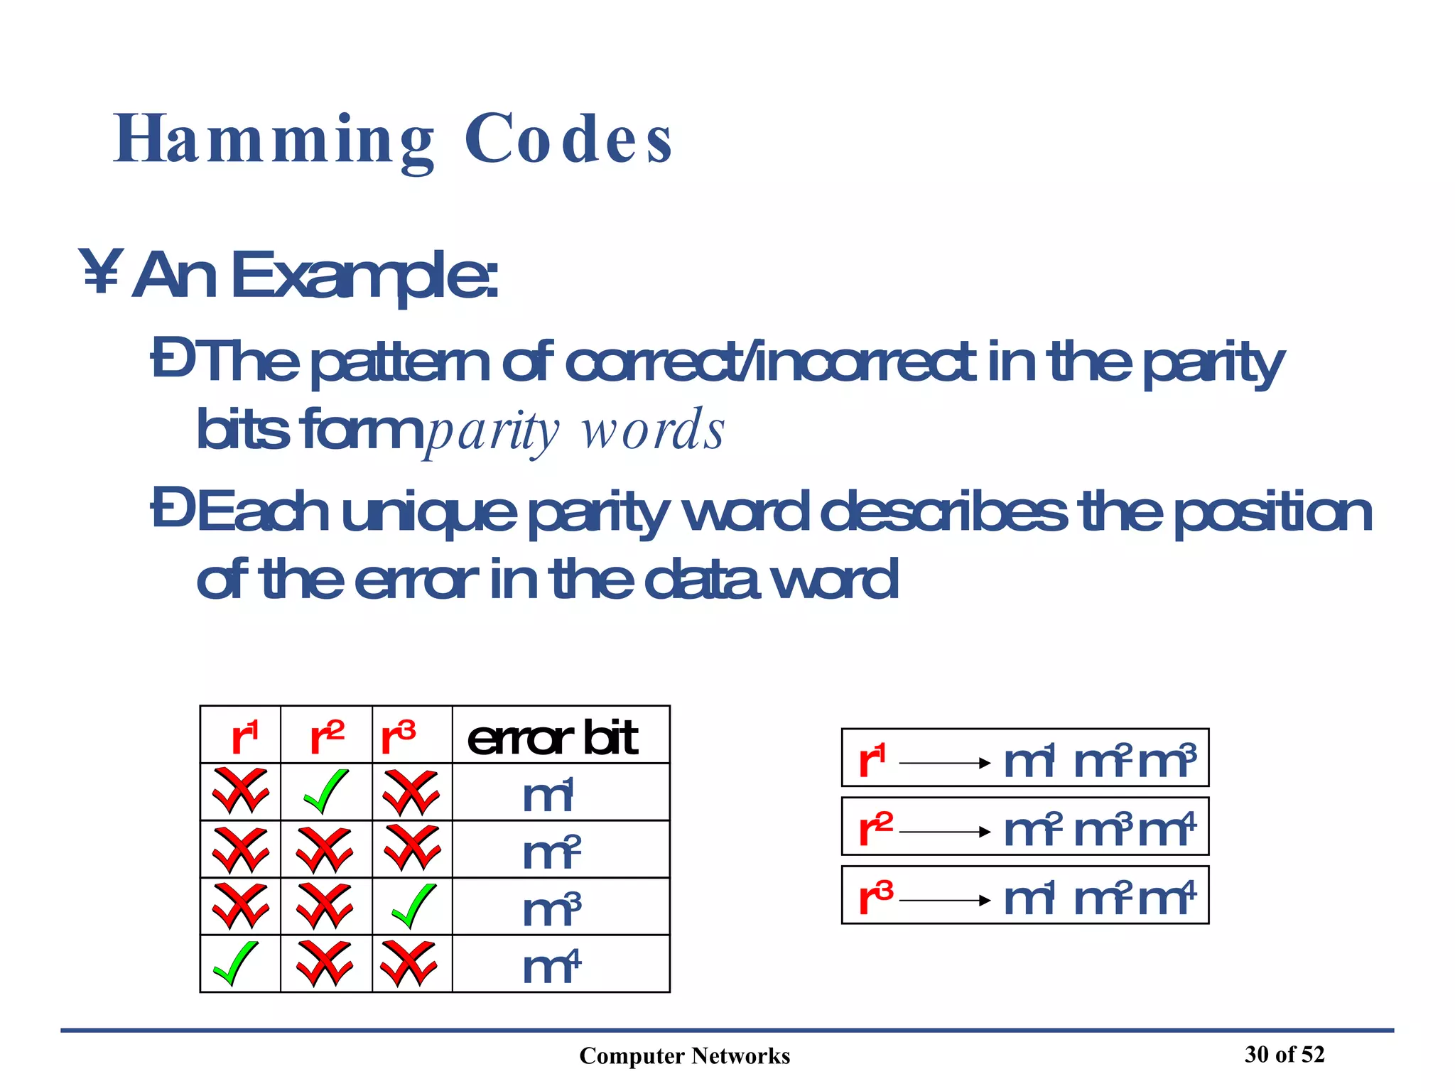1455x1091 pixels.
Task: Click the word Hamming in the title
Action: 274,140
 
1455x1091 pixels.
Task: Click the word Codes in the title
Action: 568,140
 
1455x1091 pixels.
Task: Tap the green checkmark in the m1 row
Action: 326,791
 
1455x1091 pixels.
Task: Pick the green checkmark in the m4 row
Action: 236,963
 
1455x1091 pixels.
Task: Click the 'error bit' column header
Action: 553,737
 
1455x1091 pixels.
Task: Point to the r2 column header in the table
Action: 327,737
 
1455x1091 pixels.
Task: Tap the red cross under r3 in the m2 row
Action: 411,848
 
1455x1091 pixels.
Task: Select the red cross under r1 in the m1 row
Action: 241,791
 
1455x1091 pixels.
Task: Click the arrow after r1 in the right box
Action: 944,763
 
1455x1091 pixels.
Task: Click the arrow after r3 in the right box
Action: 944,901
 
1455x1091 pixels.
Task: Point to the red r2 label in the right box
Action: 875,828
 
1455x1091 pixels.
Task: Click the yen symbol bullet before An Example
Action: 101,271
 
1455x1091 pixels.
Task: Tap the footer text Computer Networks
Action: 684,1055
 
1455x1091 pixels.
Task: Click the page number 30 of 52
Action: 1284,1054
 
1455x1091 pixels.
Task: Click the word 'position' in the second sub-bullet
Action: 1272,512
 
